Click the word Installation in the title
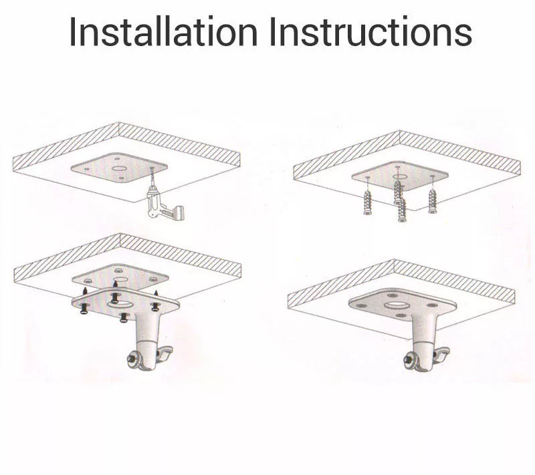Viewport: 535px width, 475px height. click(x=163, y=31)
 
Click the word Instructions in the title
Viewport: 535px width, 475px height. click(x=370, y=31)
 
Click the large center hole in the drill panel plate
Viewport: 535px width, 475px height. click(x=120, y=168)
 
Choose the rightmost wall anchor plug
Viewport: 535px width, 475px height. click(x=432, y=201)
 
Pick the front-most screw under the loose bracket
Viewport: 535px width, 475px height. click(x=124, y=317)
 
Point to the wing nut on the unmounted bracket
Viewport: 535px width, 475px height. click(x=165, y=353)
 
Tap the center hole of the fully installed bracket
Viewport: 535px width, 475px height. click(x=396, y=305)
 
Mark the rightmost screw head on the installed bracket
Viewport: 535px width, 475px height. click(x=432, y=305)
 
